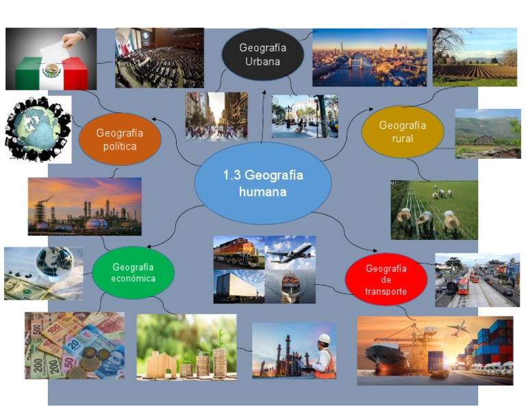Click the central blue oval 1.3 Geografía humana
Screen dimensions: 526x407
[x=263, y=184]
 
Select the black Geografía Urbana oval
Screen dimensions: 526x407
[x=262, y=55]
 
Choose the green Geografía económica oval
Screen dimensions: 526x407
[x=134, y=272]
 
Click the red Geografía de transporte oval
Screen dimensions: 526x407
[x=386, y=280]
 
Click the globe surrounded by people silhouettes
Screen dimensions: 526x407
[x=38, y=129]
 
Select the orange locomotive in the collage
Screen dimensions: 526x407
[x=238, y=253]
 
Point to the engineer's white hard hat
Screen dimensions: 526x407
[x=324, y=339]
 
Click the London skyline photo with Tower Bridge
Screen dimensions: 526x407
[x=369, y=58]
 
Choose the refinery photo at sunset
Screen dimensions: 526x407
[x=85, y=206]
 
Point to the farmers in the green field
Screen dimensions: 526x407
[x=434, y=210]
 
